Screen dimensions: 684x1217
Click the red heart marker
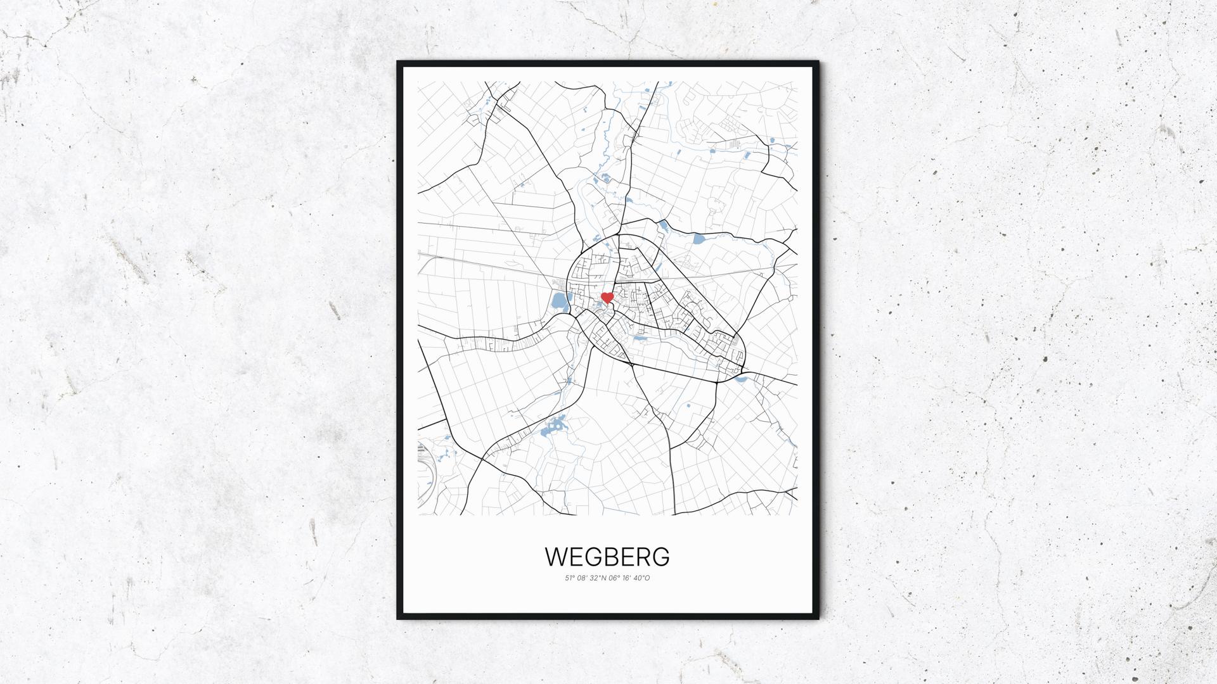tap(607, 297)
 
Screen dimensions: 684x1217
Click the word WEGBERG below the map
tap(607, 557)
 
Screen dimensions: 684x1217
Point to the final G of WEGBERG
tap(660, 557)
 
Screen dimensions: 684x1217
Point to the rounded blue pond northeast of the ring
tap(699, 239)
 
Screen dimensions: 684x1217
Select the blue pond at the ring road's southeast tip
tap(740, 379)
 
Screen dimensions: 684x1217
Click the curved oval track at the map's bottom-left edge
tap(423, 459)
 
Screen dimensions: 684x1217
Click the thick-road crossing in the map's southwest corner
tap(482, 457)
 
